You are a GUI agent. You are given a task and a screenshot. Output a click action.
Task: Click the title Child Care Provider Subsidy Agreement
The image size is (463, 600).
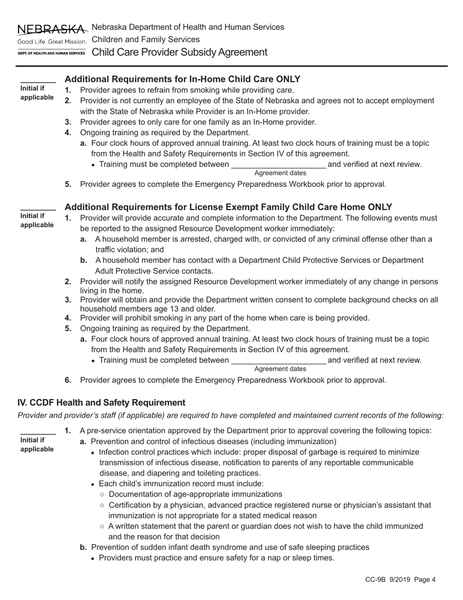click(x=179, y=52)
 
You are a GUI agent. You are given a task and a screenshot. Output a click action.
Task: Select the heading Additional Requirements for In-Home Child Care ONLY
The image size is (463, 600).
click(x=182, y=79)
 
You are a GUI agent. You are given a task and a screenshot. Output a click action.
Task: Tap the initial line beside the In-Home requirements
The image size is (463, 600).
click(x=38, y=80)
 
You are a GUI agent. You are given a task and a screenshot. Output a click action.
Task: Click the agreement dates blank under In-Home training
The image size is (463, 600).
click(x=278, y=164)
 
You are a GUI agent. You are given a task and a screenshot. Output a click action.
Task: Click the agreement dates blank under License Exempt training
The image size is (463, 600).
click(x=278, y=360)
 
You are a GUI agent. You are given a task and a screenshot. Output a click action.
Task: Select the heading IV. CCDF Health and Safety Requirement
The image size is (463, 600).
click(x=101, y=402)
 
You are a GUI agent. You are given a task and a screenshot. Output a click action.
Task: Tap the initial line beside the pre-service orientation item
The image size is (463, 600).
click(x=38, y=432)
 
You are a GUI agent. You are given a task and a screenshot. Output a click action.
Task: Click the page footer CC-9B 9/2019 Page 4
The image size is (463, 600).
click(x=400, y=580)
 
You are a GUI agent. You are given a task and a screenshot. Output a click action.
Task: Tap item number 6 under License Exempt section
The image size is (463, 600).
click(x=68, y=380)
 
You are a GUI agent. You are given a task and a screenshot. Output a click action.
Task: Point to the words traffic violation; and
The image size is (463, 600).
click(x=129, y=250)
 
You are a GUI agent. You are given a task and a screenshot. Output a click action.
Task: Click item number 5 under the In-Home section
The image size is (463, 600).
click(x=68, y=184)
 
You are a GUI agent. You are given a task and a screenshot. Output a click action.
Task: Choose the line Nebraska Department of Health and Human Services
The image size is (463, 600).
click(x=188, y=27)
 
